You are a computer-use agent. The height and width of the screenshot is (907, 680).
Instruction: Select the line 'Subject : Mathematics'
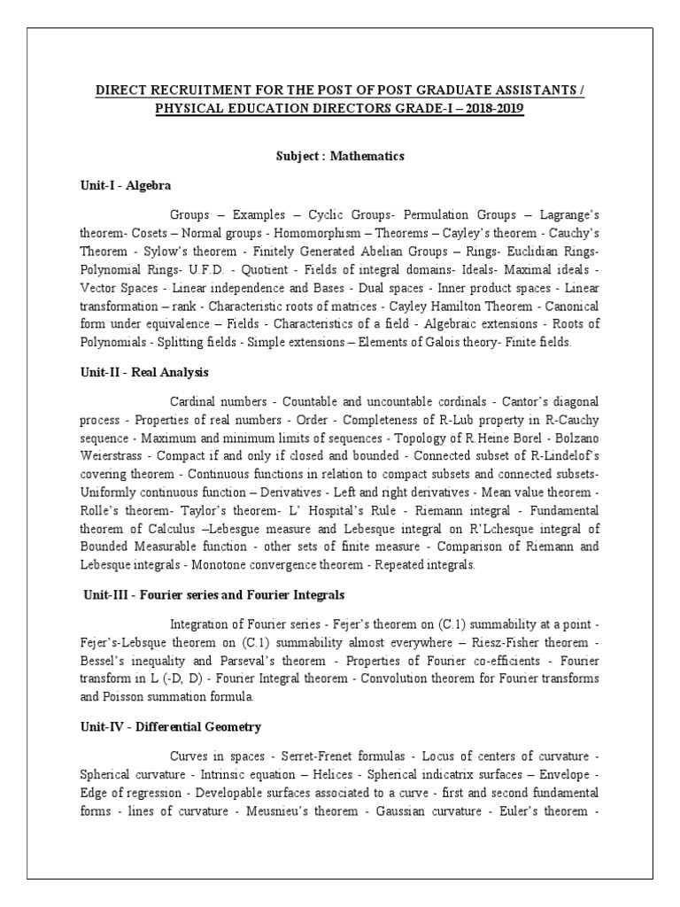point(340,156)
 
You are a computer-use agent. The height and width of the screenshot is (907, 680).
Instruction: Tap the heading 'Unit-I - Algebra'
point(125,185)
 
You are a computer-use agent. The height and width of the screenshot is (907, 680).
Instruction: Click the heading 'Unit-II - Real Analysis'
point(143,373)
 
